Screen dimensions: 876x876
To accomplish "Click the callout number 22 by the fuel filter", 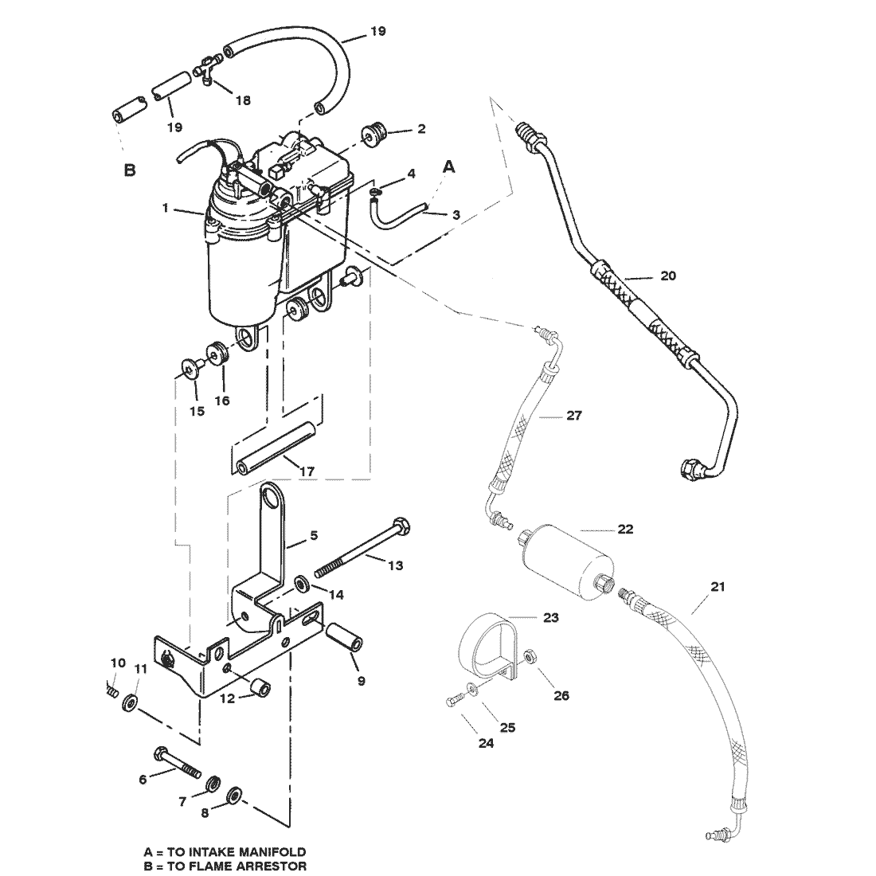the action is pos(625,529).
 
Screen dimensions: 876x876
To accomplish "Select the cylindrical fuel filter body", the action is pos(566,565).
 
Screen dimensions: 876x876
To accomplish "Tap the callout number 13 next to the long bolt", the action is pos(395,565).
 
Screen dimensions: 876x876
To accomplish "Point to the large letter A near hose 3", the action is pos(448,166).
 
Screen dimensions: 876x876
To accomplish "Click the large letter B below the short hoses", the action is pos(130,170).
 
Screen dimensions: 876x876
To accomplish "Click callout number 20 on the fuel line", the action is pos(668,276).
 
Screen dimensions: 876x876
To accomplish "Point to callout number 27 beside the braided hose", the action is pos(573,415).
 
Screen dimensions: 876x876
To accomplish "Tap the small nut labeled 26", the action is pos(530,655).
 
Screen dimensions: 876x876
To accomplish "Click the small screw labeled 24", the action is pos(454,700).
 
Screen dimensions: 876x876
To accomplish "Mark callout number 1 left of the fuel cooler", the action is pos(166,208).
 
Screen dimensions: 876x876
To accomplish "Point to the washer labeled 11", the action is pos(131,702).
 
